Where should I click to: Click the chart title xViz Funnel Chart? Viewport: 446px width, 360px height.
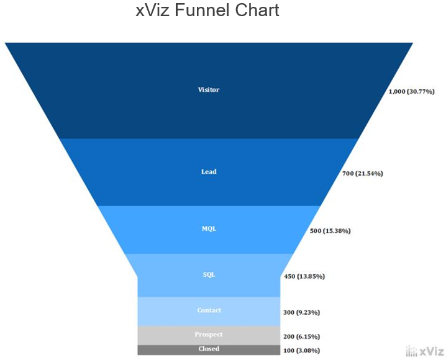click(207, 11)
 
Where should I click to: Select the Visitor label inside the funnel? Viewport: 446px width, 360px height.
click(209, 90)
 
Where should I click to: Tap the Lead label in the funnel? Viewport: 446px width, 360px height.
click(209, 172)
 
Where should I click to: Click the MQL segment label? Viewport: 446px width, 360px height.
click(209, 229)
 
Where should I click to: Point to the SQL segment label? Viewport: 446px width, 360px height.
click(209, 274)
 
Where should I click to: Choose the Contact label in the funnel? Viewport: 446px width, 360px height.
click(209, 310)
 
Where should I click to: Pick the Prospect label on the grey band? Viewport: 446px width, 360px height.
click(209, 335)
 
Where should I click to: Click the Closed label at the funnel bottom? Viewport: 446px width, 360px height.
click(209, 349)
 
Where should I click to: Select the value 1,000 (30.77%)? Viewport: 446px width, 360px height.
click(411, 92)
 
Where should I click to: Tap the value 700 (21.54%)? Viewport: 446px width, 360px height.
click(363, 174)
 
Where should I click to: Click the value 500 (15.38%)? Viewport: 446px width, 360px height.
click(330, 231)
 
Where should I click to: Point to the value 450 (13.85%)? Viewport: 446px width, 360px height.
click(304, 276)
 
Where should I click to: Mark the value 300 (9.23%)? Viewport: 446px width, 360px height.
click(302, 313)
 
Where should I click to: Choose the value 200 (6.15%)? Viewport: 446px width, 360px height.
click(302, 337)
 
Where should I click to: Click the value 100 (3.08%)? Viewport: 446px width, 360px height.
click(302, 351)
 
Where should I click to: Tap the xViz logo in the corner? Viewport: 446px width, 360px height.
click(424, 351)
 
